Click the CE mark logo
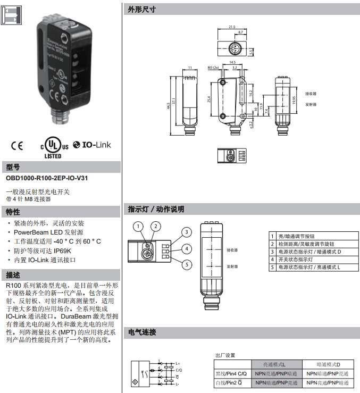point(17,145)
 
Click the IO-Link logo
point(93,144)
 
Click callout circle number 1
point(138,227)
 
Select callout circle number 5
point(186,264)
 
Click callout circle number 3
point(186,232)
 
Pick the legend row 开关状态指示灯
point(299,259)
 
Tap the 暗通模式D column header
point(328,364)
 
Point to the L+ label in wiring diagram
point(177,363)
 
